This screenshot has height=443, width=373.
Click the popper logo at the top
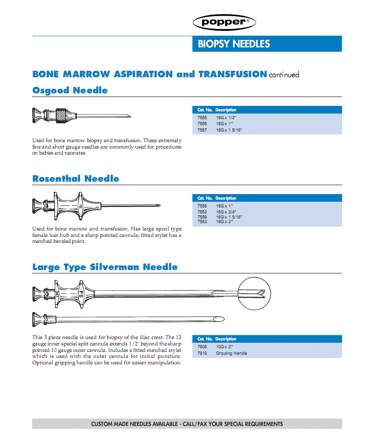tap(224, 22)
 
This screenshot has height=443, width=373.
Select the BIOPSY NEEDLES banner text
tap(234, 44)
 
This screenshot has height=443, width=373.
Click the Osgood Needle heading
tap(70, 90)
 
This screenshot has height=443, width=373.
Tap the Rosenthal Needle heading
tap(76, 178)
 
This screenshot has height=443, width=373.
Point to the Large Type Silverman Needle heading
tap(105, 267)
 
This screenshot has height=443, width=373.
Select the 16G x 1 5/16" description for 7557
tap(229, 130)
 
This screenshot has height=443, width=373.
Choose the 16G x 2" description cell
tap(225, 222)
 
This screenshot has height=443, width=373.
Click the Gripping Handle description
tap(232, 353)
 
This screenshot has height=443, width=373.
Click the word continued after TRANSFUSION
tap(284, 75)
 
